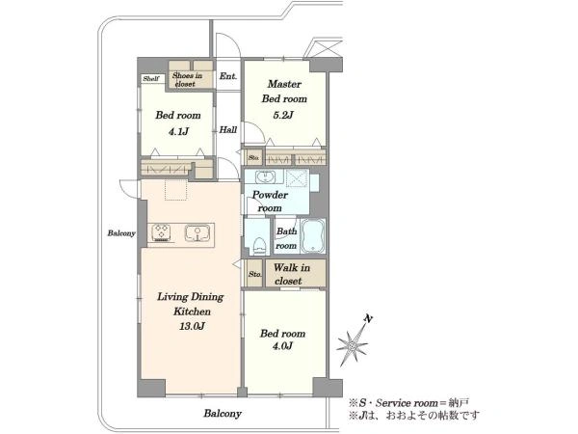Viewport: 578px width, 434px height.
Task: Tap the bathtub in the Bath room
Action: (x=313, y=236)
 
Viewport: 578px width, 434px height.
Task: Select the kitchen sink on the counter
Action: (x=197, y=232)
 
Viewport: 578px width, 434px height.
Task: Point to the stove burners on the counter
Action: (x=161, y=232)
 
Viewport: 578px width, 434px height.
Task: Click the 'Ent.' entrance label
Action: (x=228, y=76)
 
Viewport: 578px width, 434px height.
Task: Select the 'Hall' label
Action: (x=228, y=129)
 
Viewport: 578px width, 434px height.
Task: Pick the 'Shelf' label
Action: (x=151, y=79)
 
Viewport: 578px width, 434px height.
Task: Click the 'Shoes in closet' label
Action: (x=187, y=79)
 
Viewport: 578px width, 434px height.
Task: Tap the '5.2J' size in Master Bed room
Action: (x=283, y=115)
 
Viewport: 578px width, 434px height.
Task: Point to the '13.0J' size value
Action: (x=192, y=326)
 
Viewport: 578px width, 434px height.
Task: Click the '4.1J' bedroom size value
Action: (x=178, y=131)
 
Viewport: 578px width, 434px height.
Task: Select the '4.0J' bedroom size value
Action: (x=282, y=346)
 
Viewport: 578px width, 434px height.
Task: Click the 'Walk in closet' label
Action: (x=291, y=274)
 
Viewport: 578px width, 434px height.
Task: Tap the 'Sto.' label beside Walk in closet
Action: (x=255, y=274)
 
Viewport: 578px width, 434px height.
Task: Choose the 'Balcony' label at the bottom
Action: (x=223, y=414)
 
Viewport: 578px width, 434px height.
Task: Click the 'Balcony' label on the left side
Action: (x=121, y=233)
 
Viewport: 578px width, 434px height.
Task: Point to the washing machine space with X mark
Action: (x=297, y=177)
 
